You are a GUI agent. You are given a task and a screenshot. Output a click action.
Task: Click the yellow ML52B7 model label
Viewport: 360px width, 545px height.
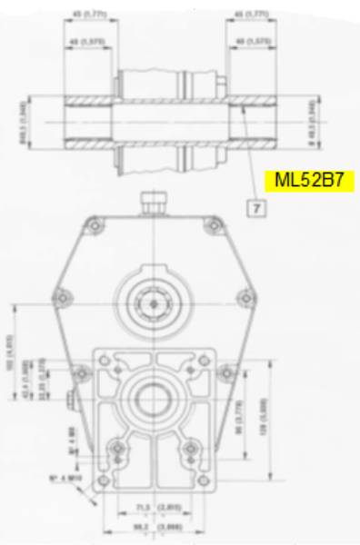[308, 180]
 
